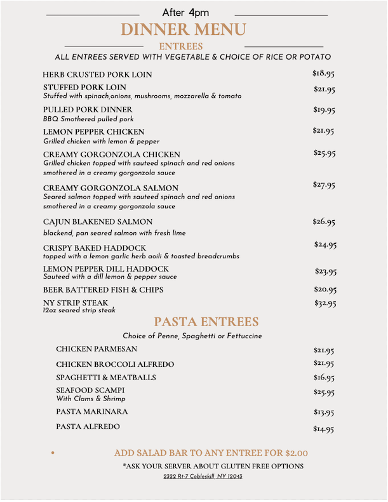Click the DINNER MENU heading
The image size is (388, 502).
(x=183, y=30)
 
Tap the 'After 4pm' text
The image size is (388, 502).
(x=185, y=13)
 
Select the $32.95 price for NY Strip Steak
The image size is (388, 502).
(x=325, y=303)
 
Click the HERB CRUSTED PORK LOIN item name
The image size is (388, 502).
(x=97, y=74)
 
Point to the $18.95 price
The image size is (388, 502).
(x=323, y=74)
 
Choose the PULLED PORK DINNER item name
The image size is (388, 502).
(x=88, y=110)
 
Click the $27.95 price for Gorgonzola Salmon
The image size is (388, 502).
(x=324, y=185)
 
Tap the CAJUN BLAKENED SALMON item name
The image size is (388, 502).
(x=98, y=221)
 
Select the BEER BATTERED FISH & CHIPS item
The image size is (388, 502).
(x=104, y=289)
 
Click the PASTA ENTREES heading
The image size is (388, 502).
(x=206, y=322)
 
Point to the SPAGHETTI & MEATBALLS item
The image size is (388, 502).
(x=105, y=378)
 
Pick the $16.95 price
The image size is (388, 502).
(x=324, y=378)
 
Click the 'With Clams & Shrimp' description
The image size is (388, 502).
(x=91, y=399)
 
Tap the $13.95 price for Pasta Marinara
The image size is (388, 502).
(x=324, y=413)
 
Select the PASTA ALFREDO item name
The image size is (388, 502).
(x=88, y=426)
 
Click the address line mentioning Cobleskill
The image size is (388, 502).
(x=203, y=476)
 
